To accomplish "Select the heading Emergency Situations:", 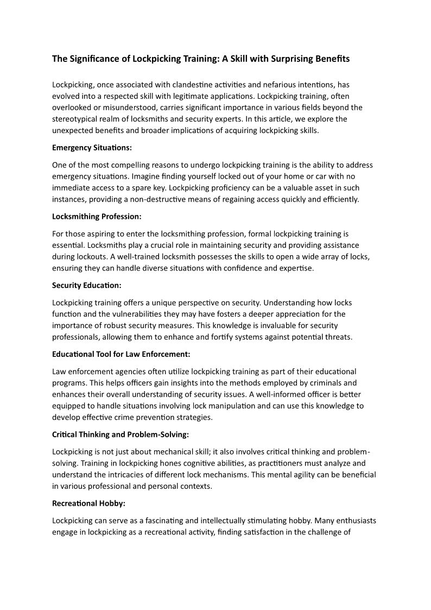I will (92, 147).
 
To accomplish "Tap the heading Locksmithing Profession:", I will (97, 216).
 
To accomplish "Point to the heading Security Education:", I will (87, 285).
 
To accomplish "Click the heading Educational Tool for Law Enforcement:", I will (121, 354).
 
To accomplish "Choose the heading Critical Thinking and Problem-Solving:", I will (121, 435).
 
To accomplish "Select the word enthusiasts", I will (354, 520).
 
